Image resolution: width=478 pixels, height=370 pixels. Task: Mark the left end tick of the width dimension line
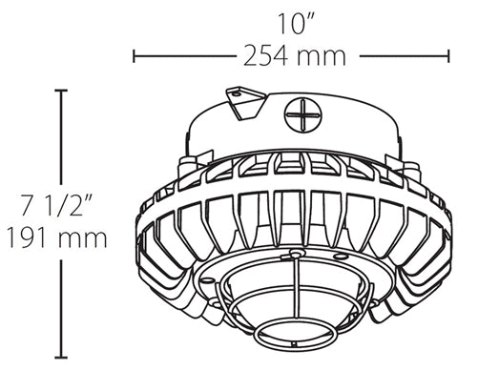pos(134,56)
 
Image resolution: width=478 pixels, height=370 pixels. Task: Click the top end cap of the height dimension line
pos(65,90)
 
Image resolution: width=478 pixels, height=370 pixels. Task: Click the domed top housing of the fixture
pos(315,119)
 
